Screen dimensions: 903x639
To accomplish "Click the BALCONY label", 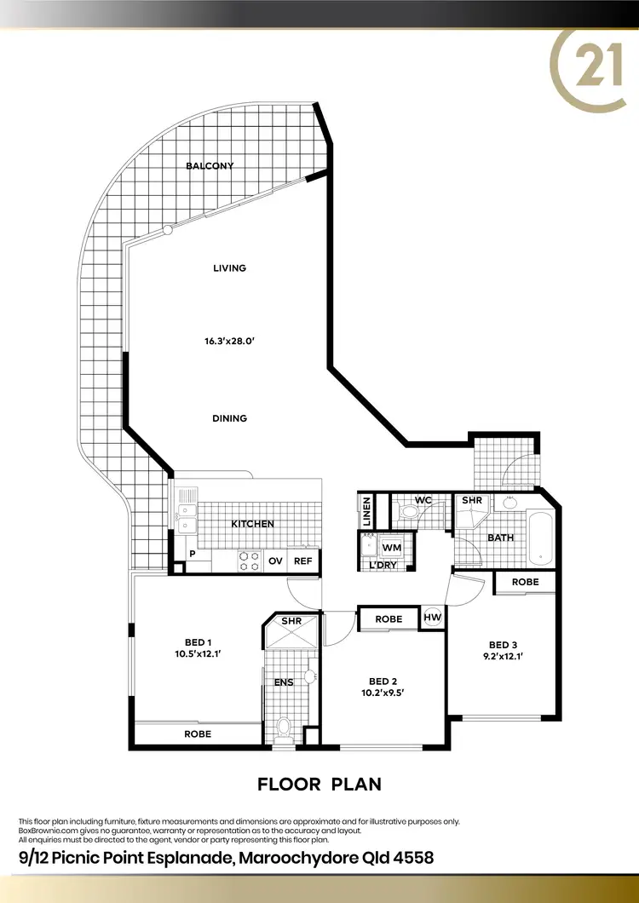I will (210, 166).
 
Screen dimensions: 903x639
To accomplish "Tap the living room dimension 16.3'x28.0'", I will (229, 341).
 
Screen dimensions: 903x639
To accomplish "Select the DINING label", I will (229, 418).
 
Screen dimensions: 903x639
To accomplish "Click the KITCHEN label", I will (253, 524).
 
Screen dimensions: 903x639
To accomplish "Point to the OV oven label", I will (275, 561).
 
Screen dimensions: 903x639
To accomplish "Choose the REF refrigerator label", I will (303, 561).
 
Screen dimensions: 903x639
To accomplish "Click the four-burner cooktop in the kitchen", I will (249, 560).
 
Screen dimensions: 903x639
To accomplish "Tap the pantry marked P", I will (193, 554).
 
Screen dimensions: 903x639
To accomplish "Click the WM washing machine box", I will (392, 547).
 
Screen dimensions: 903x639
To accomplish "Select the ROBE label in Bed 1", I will (198, 733).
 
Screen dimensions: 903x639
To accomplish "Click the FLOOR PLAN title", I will (319, 784).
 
